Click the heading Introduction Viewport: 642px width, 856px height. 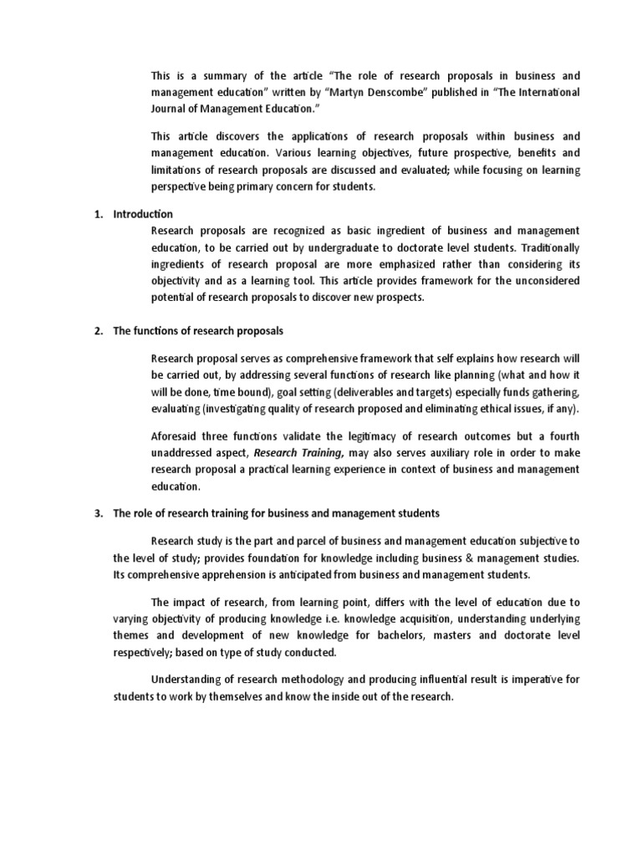(x=143, y=214)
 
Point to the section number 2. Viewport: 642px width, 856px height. (x=97, y=331)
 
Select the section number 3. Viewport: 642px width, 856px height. (x=97, y=512)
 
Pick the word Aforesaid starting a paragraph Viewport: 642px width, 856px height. (x=177, y=437)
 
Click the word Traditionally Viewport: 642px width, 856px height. (x=550, y=247)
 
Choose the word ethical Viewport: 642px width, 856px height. (x=487, y=409)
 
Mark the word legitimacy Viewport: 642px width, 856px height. (x=351, y=437)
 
